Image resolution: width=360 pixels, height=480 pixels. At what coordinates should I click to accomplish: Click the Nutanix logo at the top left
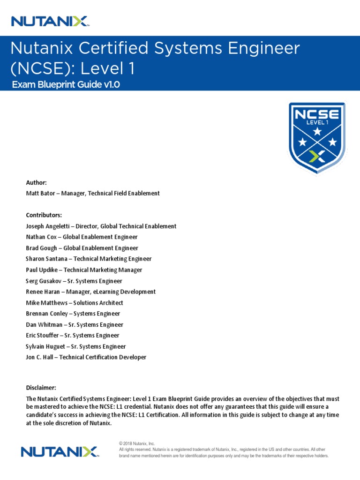(50, 21)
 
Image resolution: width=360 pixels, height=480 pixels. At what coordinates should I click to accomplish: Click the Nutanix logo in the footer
(59, 451)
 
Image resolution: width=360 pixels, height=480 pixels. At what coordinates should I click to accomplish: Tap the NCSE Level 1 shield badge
(317, 138)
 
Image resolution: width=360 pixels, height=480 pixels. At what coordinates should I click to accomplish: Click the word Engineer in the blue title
(258, 48)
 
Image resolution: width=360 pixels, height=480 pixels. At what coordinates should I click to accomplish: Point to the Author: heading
(36, 182)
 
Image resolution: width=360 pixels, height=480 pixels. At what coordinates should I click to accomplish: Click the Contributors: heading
(44, 215)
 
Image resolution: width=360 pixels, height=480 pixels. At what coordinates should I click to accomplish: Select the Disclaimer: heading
(41, 388)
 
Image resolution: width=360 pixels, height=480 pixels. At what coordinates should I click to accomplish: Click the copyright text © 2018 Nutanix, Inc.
(137, 443)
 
